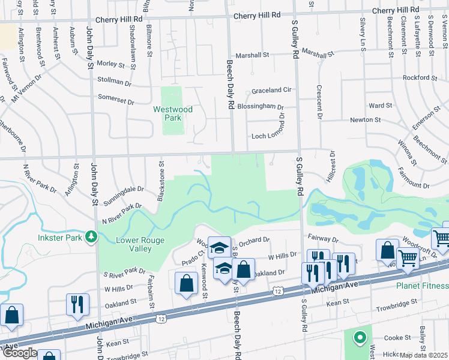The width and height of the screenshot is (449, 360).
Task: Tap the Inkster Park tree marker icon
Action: tap(91, 238)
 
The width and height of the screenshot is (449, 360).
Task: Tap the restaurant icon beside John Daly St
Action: tap(77, 304)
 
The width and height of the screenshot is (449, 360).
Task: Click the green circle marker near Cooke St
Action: tap(360, 337)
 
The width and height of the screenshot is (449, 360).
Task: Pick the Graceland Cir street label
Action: tap(271, 91)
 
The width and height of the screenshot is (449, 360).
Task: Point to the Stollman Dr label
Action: tap(114, 82)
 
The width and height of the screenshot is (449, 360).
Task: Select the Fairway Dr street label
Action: tap(324, 239)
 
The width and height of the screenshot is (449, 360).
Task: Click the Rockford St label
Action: tap(420, 77)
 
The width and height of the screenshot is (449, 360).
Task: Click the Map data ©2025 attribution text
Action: tap(424, 355)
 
